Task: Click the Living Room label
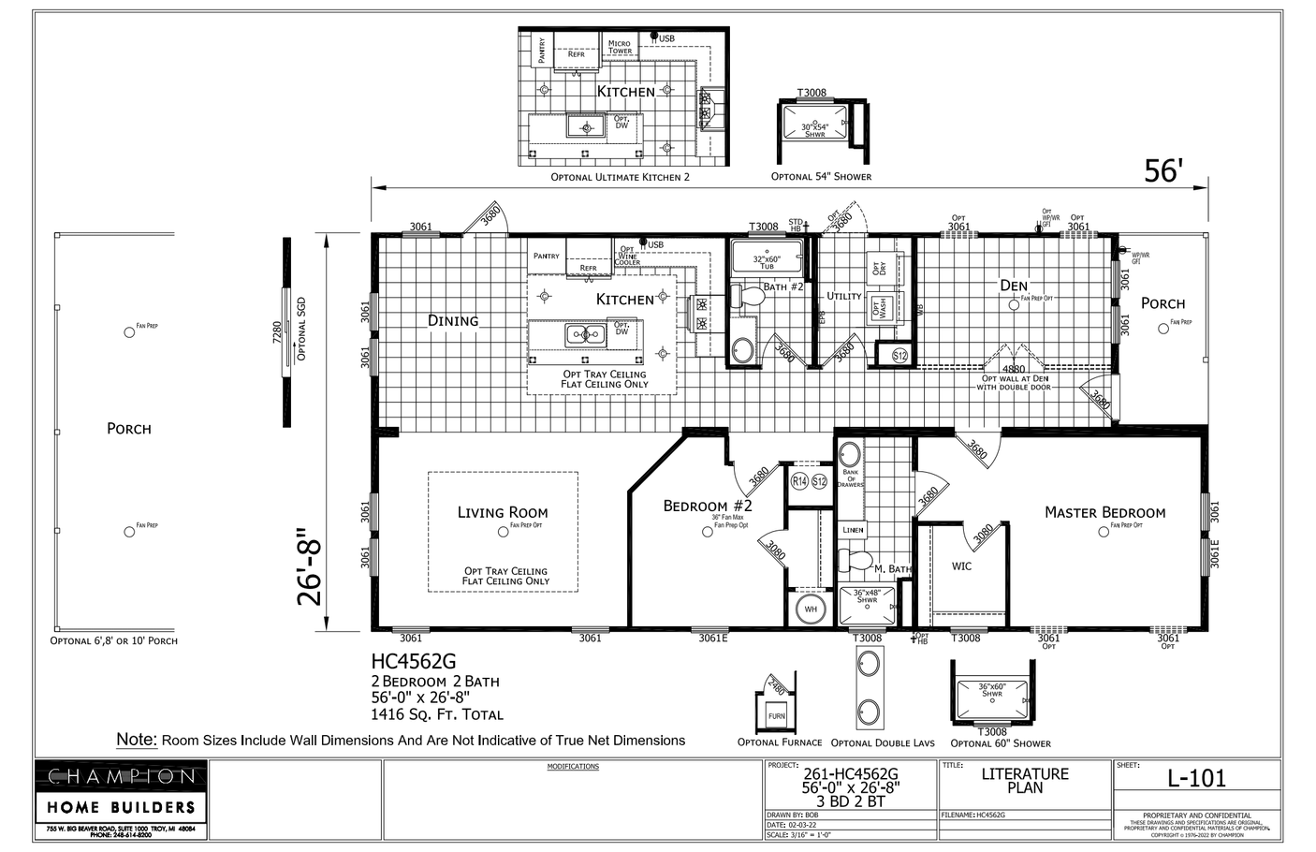coord(503,512)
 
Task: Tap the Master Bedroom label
coord(1104,512)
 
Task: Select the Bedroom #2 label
coord(708,507)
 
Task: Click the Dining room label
coord(453,320)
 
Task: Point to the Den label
coord(1013,286)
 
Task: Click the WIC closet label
coord(961,566)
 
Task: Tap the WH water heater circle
coord(811,610)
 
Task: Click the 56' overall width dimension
coord(1163,170)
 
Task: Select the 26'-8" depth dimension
coord(312,571)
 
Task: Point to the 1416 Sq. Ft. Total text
coord(437,714)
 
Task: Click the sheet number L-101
coord(1196,777)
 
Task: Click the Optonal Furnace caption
coord(780,742)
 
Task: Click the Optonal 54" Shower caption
coord(821,176)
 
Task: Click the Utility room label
coord(843,296)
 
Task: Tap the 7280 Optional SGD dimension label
coord(276,333)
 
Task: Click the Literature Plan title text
coord(1024,780)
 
